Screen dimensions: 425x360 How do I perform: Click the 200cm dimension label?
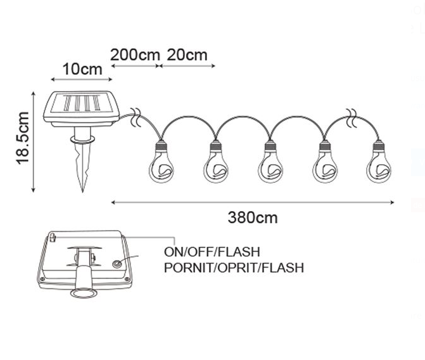135,55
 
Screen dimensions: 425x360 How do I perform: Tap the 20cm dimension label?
187,55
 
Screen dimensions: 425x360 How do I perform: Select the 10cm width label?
82,69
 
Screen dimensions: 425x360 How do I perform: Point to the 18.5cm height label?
23,138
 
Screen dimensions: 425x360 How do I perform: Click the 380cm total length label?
253,217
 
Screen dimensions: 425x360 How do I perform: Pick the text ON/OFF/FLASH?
212,252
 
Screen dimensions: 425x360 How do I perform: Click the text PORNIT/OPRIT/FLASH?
234,267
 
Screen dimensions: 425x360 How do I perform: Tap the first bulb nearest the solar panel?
162,162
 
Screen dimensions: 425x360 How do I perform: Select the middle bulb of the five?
270,162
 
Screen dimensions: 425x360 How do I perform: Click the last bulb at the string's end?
379,162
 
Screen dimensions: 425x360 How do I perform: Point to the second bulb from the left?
216,162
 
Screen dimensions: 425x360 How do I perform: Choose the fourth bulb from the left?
325,162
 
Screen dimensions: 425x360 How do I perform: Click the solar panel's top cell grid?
82,103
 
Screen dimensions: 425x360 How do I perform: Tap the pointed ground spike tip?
83,192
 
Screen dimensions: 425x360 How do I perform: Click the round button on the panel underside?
117,264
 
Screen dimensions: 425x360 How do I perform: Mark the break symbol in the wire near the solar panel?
136,117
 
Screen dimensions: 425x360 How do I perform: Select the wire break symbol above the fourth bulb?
352,118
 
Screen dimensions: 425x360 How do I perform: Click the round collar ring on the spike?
83,139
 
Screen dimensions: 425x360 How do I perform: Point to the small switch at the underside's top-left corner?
53,238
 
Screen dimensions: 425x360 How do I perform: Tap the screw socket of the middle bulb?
270,146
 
